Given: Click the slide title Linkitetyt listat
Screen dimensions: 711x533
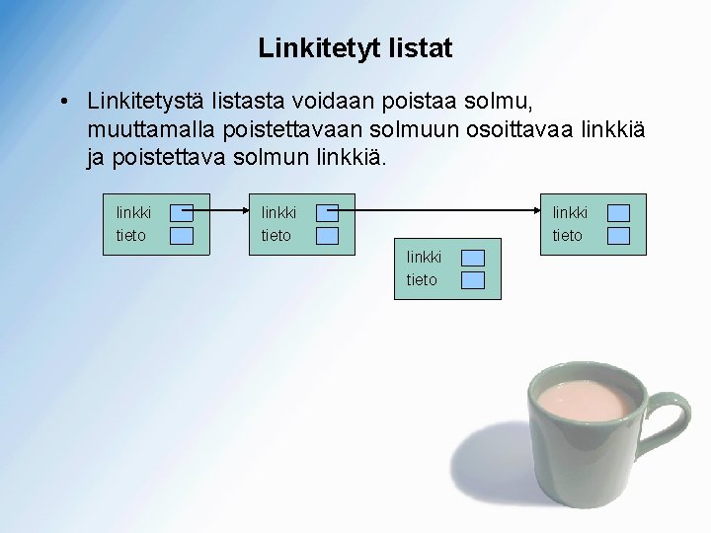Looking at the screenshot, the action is tap(355, 47).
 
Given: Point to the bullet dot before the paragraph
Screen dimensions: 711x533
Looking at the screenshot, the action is tap(62, 102).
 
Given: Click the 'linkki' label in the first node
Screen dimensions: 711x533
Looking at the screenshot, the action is tap(133, 212).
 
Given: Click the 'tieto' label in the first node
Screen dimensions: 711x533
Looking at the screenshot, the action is tap(130, 235).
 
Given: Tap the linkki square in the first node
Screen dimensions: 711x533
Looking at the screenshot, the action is tap(181, 212).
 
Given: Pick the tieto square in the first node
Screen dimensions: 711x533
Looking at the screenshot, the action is tap(181, 235).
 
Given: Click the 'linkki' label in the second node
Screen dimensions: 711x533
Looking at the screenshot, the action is tap(278, 212).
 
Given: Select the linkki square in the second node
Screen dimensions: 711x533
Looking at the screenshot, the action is tap(327, 212).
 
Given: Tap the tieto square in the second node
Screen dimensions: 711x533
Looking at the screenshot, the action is tap(327, 235).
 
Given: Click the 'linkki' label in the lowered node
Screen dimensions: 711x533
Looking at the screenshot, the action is tap(424, 258).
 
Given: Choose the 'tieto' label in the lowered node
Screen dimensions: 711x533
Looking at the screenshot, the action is tap(422, 280).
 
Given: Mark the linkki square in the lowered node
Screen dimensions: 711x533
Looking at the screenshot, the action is tap(473, 258).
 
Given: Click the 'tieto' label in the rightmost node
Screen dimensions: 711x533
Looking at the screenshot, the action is tap(567, 235).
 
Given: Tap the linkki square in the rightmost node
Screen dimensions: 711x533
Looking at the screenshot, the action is tap(618, 212).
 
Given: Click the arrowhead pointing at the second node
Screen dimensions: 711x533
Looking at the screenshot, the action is tap(243, 210).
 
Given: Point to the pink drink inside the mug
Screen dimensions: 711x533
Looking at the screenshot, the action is tap(584, 400).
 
